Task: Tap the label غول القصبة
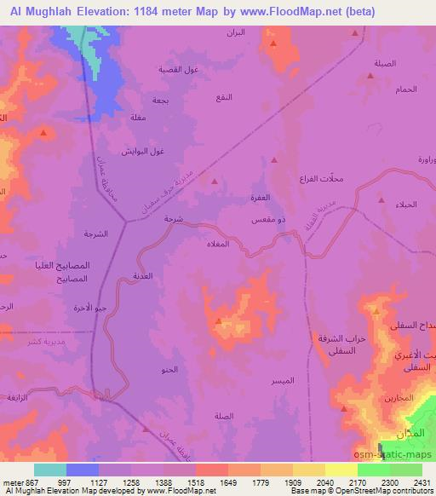click(177, 70)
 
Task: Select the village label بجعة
click(159, 100)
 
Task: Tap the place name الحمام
click(405, 89)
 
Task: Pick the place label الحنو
click(169, 370)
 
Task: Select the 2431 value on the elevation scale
click(422, 482)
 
